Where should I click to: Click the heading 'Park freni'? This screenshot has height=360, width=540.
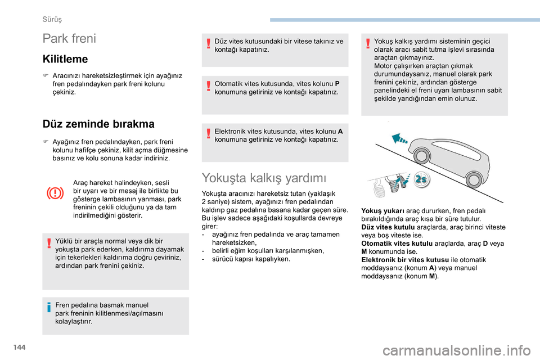click(x=69, y=39)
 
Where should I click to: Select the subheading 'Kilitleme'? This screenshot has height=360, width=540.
click(x=65, y=58)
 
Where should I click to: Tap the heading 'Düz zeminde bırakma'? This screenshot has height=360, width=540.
click(x=98, y=124)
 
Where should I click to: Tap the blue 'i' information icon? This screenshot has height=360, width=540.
click(x=49, y=307)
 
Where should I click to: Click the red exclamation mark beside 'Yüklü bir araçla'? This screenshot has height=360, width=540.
click(x=49, y=241)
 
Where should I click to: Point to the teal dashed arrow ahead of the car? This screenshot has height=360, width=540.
click(x=401, y=136)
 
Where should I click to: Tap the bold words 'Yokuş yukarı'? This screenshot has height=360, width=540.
click(x=380, y=210)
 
